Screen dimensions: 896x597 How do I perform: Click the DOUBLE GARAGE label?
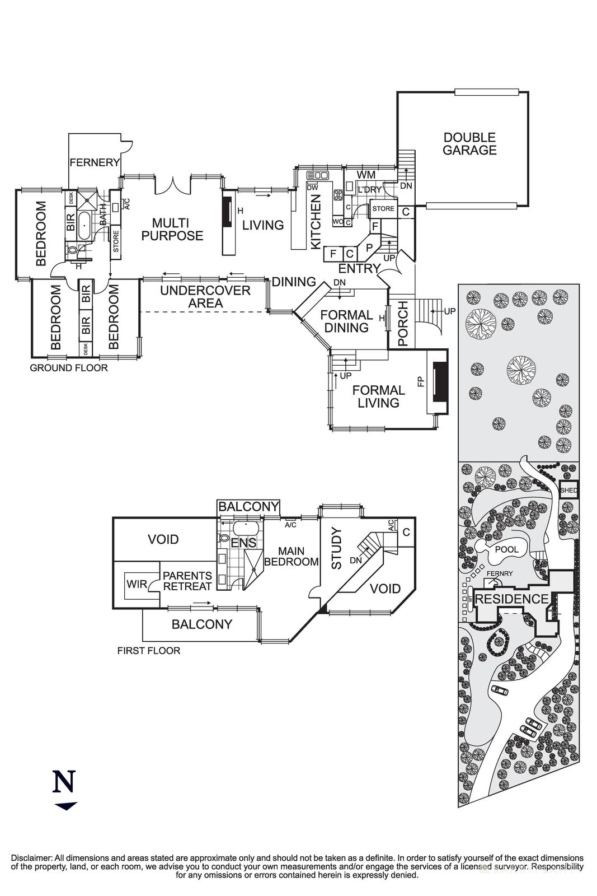[x=469, y=144]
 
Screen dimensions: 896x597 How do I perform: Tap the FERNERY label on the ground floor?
[x=95, y=163]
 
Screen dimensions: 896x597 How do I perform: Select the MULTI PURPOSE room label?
[x=172, y=230]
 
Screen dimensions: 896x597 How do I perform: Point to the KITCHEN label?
[x=316, y=222]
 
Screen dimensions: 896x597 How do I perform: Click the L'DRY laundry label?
[x=369, y=190]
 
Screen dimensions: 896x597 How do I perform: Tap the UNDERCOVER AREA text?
[x=205, y=297]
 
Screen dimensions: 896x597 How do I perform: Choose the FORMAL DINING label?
[x=346, y=321]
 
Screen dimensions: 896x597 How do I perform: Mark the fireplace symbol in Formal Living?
[x=438, y=382]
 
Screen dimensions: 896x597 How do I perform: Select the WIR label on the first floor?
[x=137, y=585]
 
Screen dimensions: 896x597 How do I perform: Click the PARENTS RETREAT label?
[x=187, y=581]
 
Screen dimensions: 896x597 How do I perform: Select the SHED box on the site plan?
[x=568, y=490]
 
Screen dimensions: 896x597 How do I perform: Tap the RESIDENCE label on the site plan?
[x=512, y=599]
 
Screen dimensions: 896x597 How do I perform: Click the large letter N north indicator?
[x=64, y=782]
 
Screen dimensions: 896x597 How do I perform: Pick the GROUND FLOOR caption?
[x=68, y=368]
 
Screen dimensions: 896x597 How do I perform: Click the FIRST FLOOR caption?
[x=148, y=651]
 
